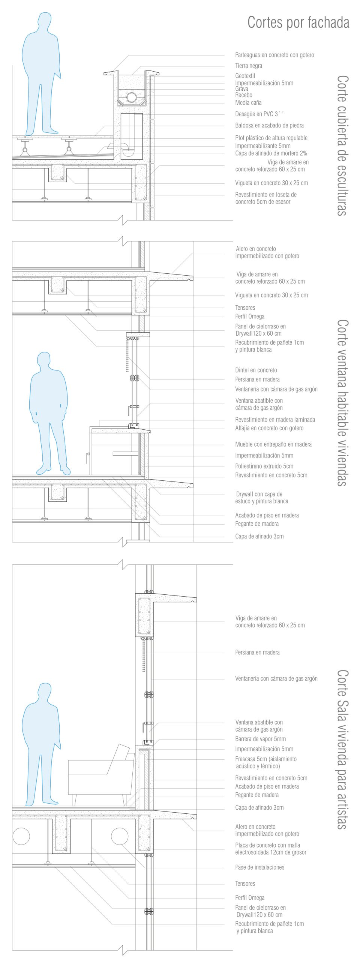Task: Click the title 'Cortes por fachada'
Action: pos(298,23)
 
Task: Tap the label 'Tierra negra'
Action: pos(249,66)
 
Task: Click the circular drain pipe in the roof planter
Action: pos(132,97)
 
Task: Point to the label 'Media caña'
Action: pos(248,103)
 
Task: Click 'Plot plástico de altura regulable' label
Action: pos(271,138)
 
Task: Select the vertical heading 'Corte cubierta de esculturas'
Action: pos(342,145)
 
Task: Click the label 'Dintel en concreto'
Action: pos(256,370)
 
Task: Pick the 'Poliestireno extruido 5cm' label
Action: pos(264,466)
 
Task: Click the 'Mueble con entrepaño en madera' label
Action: pos(273,444)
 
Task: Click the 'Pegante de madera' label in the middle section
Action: pos(256,524)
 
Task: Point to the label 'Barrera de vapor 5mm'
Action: pos(260,739)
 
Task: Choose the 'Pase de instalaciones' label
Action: pos(259,867)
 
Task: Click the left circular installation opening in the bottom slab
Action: pos(21,836)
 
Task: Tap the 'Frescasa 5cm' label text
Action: pos(265,762)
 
